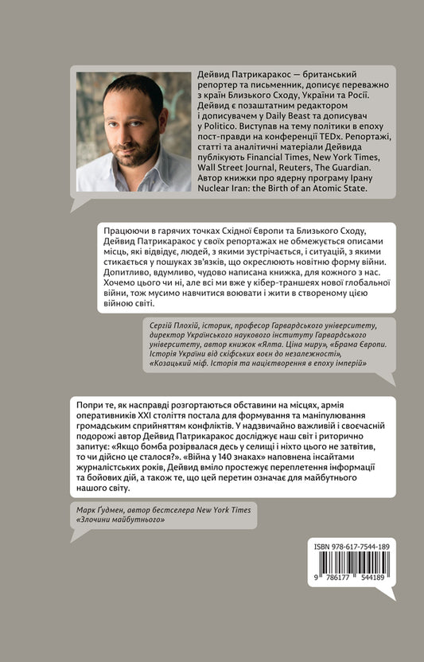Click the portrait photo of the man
(134, 132)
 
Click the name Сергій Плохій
(180, 324)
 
